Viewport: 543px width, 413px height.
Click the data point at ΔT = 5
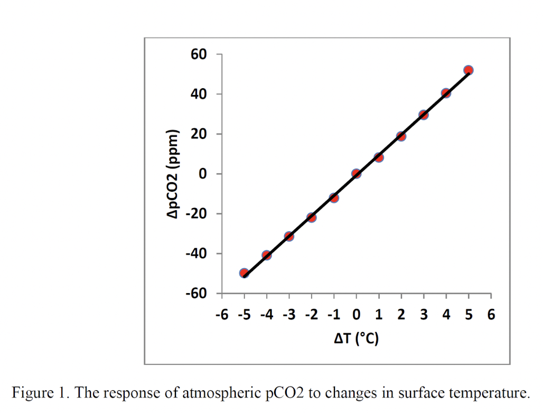click(x=468, y=70)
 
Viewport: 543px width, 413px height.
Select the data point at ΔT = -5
click(x=244, y=273)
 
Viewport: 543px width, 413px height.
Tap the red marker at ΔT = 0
click(x=356, y=173)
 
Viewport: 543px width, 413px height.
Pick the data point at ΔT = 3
click(x=423, y=115)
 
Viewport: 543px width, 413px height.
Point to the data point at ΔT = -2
click(x=311, y=217)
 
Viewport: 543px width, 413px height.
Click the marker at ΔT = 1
click(x=378, y=157)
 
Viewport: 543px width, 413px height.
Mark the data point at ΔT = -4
click(x=266, y=255)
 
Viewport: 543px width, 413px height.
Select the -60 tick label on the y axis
click(x=196, y=293)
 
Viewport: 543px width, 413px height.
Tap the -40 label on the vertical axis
click(x=196, y=254)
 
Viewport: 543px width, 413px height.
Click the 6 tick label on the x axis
click(x=491, y=315)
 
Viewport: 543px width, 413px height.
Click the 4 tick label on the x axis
click(x=446, y=315)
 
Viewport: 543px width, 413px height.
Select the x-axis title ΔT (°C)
click(x=356, y=339)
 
